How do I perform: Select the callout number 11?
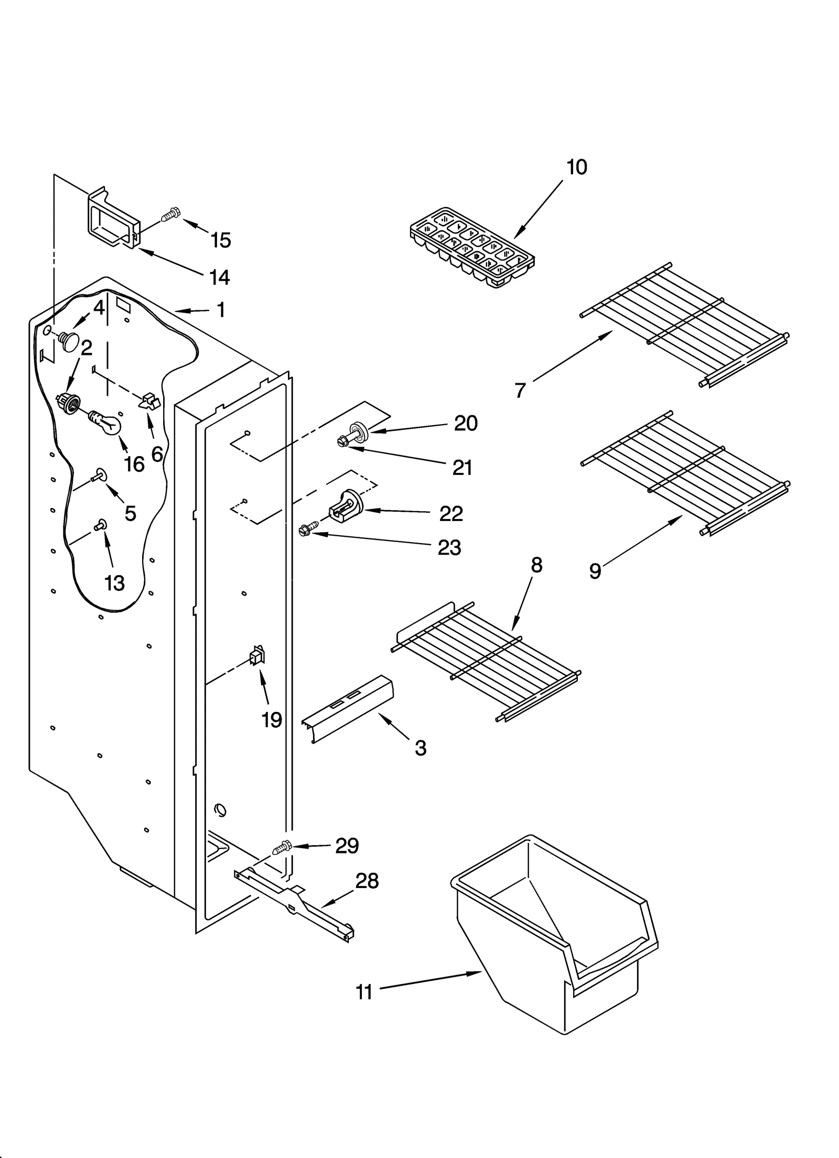pos(364,992)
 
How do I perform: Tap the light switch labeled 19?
pos(257,656)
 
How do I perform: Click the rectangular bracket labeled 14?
pos(112,219)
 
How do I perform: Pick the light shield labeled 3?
pos(347,707)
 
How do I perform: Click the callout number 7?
pos(520,390)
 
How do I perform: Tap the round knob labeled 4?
pos(69,341)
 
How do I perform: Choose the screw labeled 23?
pos(308,529)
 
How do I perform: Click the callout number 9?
pos(595,570)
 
